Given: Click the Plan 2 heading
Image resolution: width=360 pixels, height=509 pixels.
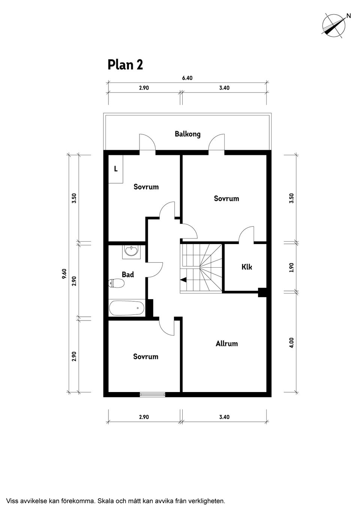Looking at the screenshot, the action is point(125,65).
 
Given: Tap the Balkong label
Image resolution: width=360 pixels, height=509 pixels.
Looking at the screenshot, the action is point(187,134).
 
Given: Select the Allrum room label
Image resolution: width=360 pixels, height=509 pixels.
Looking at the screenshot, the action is point(226,343).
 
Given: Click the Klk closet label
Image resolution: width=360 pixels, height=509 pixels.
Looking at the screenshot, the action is point(247,266).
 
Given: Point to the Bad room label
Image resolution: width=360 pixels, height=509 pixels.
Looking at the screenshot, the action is point(128,274).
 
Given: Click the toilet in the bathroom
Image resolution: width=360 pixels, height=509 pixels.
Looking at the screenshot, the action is point(116,283).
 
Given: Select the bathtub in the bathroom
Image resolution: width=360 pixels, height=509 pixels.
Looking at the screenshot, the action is point(127,308).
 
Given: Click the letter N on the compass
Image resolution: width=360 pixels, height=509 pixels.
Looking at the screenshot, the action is point(349,16).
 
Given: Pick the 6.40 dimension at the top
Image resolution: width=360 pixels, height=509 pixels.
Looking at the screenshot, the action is point(187,78).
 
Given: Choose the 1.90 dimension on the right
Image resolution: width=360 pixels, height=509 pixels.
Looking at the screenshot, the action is point(292,268).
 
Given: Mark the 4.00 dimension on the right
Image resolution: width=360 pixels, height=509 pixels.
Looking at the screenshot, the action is point(292,343).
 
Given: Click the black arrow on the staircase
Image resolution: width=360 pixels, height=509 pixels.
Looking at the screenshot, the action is point(183,280).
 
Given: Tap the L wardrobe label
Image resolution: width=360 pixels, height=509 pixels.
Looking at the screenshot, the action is point(115,169).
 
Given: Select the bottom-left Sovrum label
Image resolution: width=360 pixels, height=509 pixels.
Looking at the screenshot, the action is point(145,356).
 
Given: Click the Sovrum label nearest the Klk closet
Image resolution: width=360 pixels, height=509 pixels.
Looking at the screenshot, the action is point(226,198).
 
